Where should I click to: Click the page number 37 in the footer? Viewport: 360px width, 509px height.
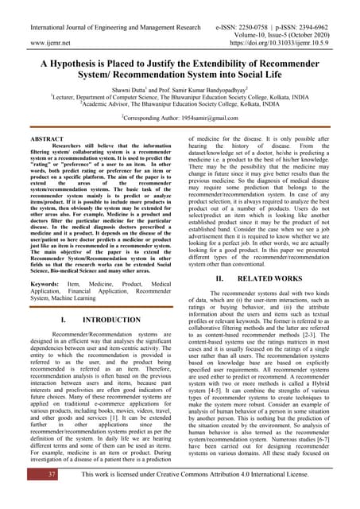[x=29, y=475]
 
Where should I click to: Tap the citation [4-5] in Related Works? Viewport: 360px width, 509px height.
[x=223, y=390]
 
